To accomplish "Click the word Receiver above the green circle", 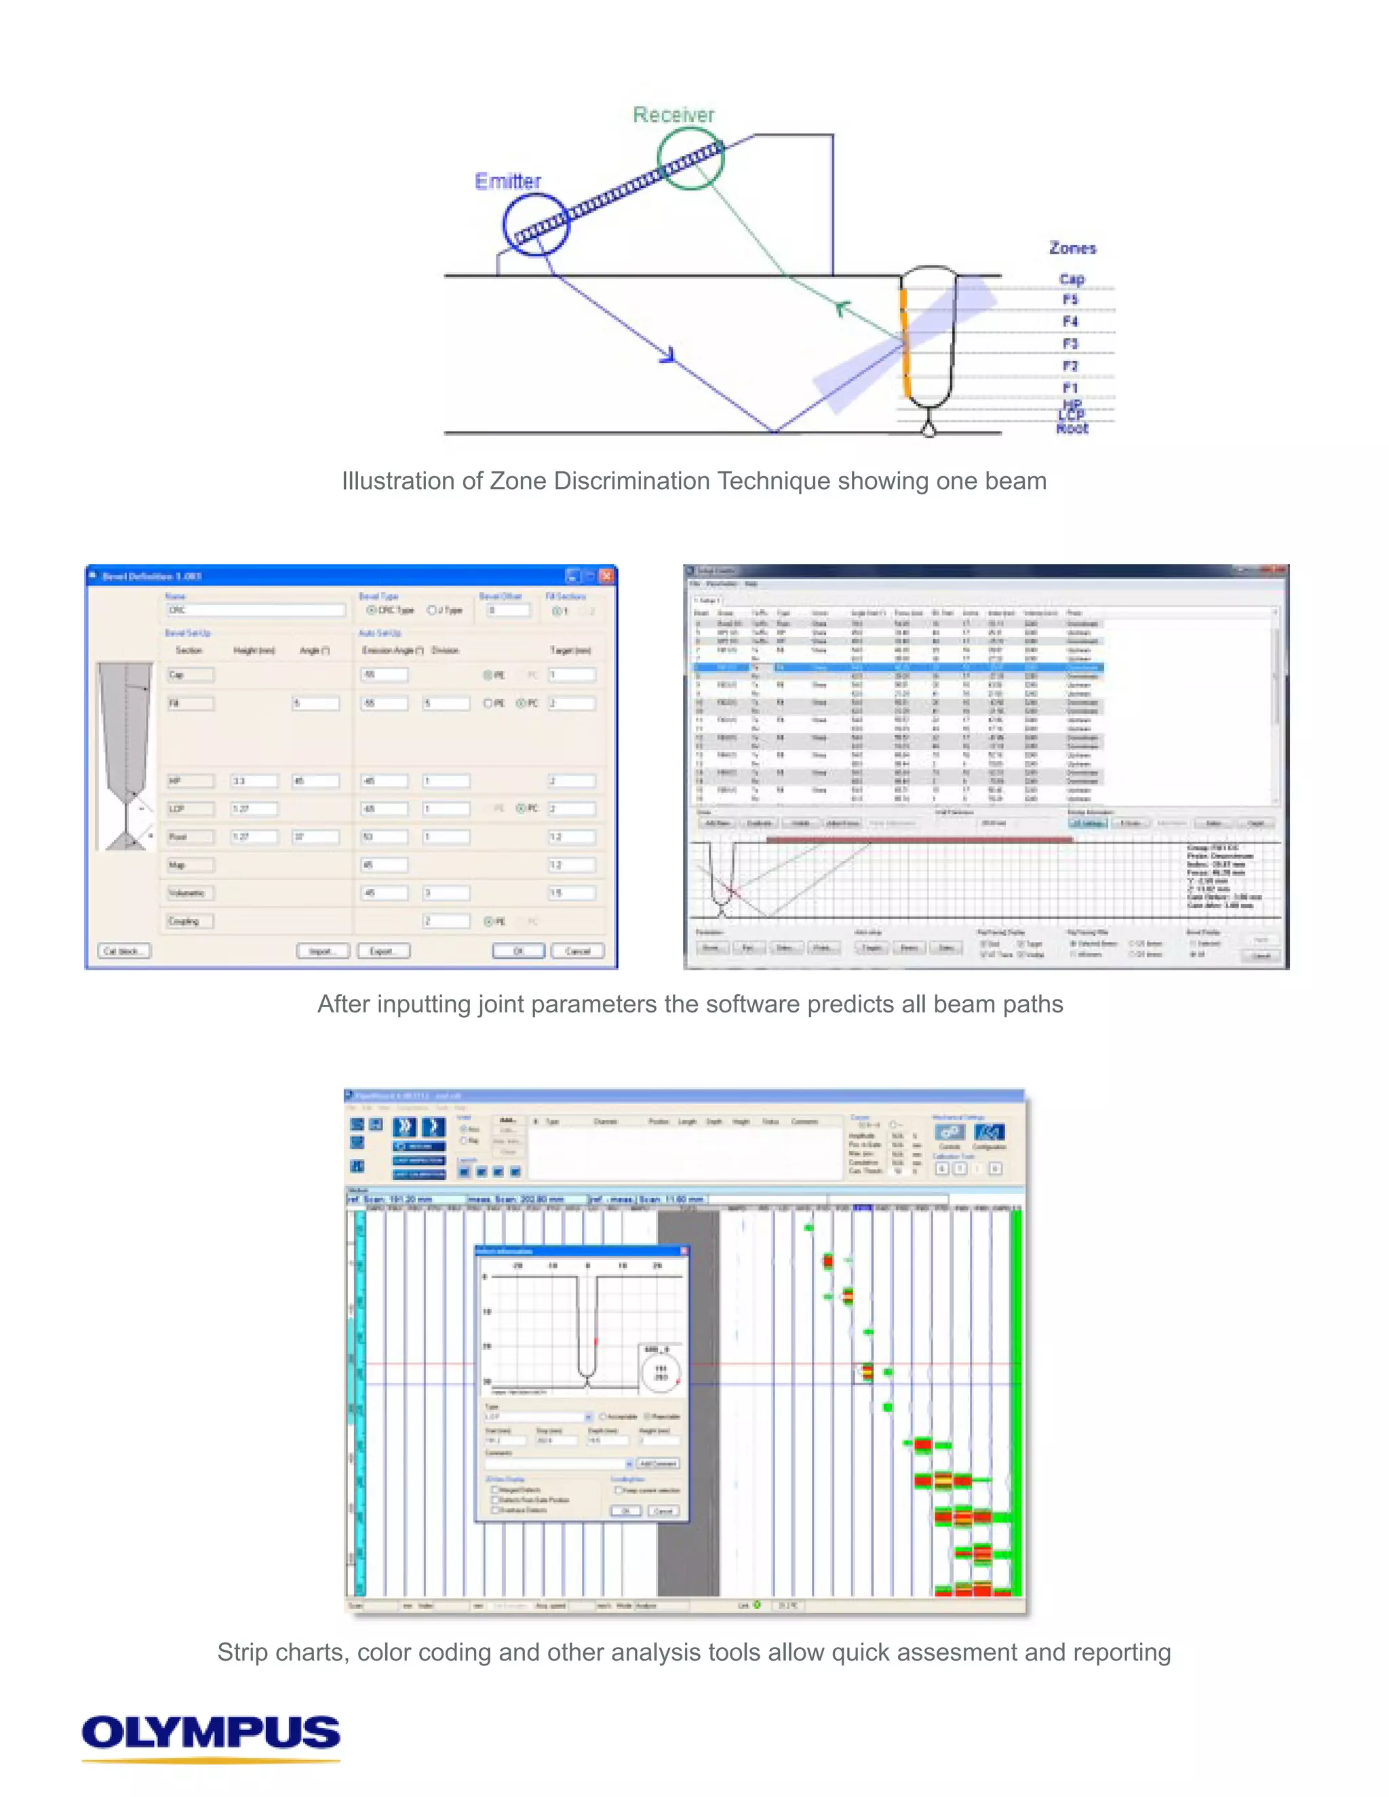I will [673, 115].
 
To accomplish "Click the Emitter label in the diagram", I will [508, 181].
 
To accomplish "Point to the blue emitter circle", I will [536, 224].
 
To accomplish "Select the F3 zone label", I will [1070, 343].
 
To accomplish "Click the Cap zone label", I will [1072, 279].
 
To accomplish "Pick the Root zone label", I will [1072, 429].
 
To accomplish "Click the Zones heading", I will [1072, 248].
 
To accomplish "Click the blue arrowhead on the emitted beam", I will [668, 355].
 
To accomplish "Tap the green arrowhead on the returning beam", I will [841, 309].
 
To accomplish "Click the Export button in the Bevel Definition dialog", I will [381, 951].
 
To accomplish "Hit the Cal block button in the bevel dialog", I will [124, 951].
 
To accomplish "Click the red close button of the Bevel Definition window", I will [606, 576].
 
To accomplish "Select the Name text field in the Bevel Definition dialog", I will [255, 610].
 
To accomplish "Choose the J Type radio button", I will [431, 610].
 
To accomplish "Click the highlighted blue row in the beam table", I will [897, 667].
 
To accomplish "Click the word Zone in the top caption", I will [518, 481].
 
